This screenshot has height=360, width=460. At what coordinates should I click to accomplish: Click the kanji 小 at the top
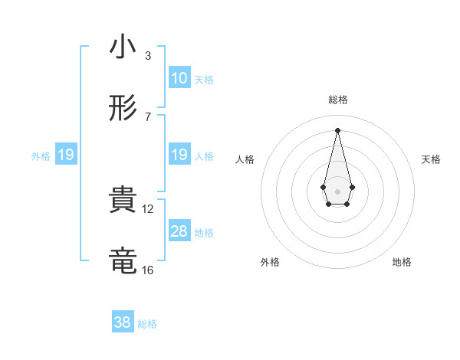tap(123, 47)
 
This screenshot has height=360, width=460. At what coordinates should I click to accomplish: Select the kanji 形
tap(123, 109)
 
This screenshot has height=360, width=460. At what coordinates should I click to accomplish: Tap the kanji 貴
tap(123, 200)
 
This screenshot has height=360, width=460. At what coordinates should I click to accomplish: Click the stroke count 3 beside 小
tap(147, 56)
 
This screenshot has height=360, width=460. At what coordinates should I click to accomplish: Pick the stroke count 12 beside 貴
tap(148, 208)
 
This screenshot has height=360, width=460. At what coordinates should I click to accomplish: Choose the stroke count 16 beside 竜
tap(148, 270)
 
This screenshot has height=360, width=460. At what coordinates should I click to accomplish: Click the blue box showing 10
tap(179, 78)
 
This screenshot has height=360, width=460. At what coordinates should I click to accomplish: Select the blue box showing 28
tap(179, 231)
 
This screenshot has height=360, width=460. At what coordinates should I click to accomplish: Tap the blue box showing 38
tap(123, 322)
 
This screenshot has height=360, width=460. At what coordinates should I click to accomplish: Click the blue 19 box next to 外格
tap(66, 155)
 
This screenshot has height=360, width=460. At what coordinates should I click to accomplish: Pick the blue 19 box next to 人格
tap(179, 155)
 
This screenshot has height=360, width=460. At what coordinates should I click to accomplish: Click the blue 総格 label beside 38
tap(147, 324)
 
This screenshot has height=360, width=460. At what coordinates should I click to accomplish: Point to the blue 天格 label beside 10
tap(204, 80)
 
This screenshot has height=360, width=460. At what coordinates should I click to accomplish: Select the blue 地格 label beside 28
tap(204, 233)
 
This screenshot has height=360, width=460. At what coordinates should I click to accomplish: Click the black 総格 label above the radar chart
tap(337, 100)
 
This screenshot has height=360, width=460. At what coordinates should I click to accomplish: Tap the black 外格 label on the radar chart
tap(270, 262)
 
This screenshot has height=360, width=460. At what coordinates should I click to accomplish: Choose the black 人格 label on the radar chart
tap(245, 159)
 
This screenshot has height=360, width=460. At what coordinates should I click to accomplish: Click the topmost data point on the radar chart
tap(337, 129)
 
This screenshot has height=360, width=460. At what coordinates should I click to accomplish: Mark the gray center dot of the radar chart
tap(337, 190)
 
